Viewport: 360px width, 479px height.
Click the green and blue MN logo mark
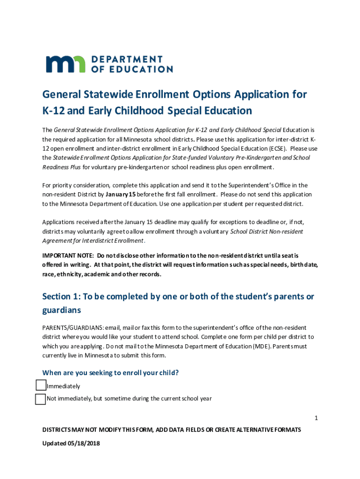pyautogui.click(x=65, y=64)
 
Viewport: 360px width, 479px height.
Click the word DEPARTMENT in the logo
pyautogui.click(x=126, y=59)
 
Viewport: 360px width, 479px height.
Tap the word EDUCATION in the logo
pyautogui.click(x=141, y=69)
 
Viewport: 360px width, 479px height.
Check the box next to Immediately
pyautogui.click(x=41, y=385)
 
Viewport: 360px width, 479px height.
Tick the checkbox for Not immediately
pyautogui.click(x=41, y=399)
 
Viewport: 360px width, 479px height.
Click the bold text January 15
pyautogui.click(x=121, y=194)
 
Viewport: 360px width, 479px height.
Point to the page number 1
pyautogui.click(x=316, y=418)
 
